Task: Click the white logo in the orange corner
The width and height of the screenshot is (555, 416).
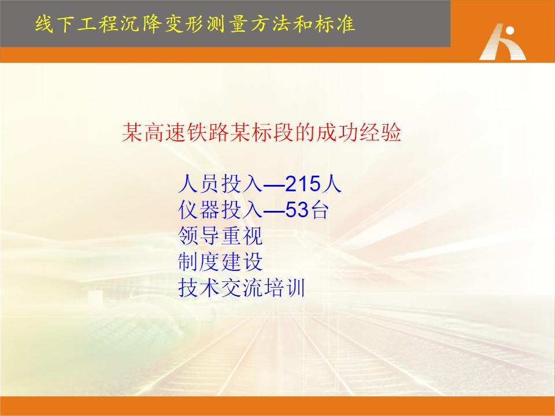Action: click(502, 42)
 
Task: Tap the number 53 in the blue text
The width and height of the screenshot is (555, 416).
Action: click(297, 210)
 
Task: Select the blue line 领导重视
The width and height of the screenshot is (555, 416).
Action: click(220, 236)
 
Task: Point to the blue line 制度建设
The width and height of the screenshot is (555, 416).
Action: click(220, 262)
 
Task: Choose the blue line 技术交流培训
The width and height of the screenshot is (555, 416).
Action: click(242, 288)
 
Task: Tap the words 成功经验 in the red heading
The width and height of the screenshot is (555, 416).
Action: click(358, 133)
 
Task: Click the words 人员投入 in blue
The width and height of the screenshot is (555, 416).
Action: click(220, 184)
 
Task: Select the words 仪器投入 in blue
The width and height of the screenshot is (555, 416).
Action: click(220, 210)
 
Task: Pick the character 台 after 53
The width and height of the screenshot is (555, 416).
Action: click(319, 210)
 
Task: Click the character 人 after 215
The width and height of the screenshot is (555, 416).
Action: click(331, 184)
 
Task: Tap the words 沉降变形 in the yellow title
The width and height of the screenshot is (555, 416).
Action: click(162, 24)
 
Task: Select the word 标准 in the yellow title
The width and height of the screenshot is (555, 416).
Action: click(334, 24)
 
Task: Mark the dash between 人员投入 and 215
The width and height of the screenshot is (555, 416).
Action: click(274, 184)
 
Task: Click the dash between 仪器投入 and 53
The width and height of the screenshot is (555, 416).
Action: click(274, 210)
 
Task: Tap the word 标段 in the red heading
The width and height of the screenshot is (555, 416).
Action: click(272, 133)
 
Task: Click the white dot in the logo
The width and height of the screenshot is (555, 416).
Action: click(510, 31)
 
